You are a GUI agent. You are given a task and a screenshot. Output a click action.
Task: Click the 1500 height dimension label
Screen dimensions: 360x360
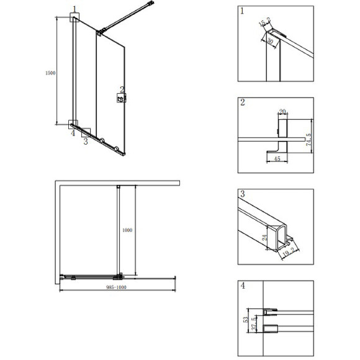point(50,73)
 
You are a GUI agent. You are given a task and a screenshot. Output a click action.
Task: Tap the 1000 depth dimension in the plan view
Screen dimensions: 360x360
point(127,230)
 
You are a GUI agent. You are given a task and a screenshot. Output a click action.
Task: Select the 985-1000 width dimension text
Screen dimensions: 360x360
point(117,287)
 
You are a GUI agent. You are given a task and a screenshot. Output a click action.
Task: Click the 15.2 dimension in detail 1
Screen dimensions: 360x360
point(264,22)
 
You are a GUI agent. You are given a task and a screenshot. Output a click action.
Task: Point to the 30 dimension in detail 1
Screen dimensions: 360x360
point(270,42)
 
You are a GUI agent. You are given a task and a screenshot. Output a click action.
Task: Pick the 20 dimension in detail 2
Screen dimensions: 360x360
point(282,112)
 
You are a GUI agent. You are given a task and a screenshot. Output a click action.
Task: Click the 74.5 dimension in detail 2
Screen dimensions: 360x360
point(309,140)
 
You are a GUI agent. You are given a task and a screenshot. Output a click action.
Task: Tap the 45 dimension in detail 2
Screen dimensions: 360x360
point(277,158)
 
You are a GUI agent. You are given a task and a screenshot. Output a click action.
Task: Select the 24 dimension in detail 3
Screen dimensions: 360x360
point(264,237)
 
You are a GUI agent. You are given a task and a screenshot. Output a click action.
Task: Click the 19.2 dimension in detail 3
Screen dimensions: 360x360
point(289,253)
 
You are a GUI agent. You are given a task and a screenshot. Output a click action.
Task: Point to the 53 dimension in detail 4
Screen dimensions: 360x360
point(246,320)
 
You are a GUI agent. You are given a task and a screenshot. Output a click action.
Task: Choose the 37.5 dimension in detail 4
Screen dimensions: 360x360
point(254,324)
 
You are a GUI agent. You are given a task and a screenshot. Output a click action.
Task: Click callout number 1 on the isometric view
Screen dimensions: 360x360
point(74,9)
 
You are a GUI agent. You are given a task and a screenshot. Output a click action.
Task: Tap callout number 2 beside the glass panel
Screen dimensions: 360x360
point(122,89)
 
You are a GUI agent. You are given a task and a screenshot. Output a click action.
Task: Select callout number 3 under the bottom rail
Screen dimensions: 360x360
point(86,141)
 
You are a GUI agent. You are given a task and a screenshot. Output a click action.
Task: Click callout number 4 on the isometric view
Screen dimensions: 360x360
point(73,133)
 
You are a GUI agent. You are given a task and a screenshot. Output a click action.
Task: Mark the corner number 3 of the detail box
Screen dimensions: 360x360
point(243,194)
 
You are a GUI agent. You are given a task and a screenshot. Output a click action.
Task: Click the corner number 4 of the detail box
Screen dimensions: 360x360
point(243,286)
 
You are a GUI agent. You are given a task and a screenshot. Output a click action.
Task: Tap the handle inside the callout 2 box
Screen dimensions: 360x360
point(120,99)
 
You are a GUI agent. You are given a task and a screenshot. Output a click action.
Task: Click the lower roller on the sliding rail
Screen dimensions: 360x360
point(117,149)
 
